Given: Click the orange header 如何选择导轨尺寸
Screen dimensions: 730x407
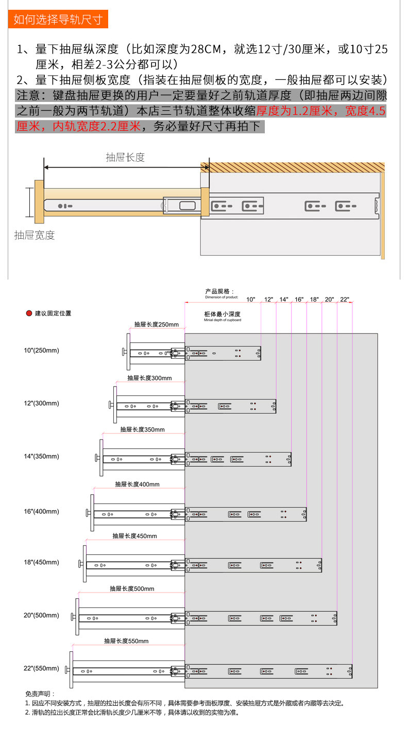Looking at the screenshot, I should pyautogui.click(x=58, y=20).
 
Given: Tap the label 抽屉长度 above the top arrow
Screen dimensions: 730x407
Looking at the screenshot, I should pyautogui.click(x=125, y=158).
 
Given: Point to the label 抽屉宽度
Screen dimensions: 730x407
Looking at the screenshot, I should pyautogui.click(x=35, y=235).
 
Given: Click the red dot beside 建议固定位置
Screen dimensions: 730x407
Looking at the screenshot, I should pyautogui.click(x=29, y=313).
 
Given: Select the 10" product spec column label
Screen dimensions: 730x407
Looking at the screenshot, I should pyautogui.click(x=251, y=299).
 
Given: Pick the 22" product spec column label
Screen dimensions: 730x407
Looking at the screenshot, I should pyautogui.click(x=345, y=299).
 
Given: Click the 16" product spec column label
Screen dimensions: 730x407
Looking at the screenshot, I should pyautogui.click(x=299, y=299).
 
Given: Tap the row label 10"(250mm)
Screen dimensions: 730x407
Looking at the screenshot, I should pyautogui.click(x=42, y=351).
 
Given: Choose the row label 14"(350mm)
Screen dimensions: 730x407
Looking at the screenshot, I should pyautogui.click(x=42, y=456).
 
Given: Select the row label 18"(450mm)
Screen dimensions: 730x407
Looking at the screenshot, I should pyautogui.click(x=42, y=562).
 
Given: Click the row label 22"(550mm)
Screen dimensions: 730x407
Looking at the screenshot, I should pyautogui.click(x=42, y=668).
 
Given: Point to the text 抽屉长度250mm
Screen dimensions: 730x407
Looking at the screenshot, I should pyautogui.click(x=156, y=324).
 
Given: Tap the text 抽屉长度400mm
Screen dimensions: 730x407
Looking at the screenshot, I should pyautogui.click(x=138, y=484).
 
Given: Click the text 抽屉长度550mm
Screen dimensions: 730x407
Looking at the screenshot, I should pyautogui.click(x=126, y=641).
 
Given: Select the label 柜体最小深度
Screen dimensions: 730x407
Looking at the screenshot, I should pyautogui.click(x=223, y=314).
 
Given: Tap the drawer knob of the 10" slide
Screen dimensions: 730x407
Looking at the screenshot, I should pyautogui.click(x=124, y=353).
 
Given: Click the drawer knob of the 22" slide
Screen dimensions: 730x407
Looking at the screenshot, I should pyautogui.click(x=67, y=670).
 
